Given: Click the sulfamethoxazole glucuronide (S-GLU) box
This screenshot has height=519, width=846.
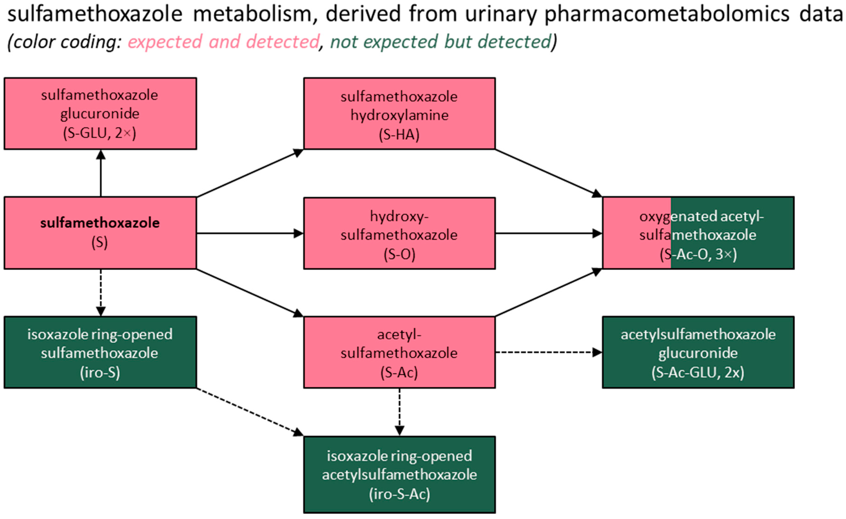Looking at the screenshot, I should click(x=100, y=113).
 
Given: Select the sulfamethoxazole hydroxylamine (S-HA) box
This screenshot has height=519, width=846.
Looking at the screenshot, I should click(x=399, y=113).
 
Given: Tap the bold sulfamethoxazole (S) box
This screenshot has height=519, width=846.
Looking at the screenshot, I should click(x=100, y=233).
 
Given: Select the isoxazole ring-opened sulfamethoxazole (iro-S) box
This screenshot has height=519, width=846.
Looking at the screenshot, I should click(x=100, y=352).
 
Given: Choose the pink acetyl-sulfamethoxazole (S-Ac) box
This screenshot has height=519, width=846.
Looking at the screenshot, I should click(x=399, y=352).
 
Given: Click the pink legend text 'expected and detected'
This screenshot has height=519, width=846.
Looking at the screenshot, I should click(x=224, y=42).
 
